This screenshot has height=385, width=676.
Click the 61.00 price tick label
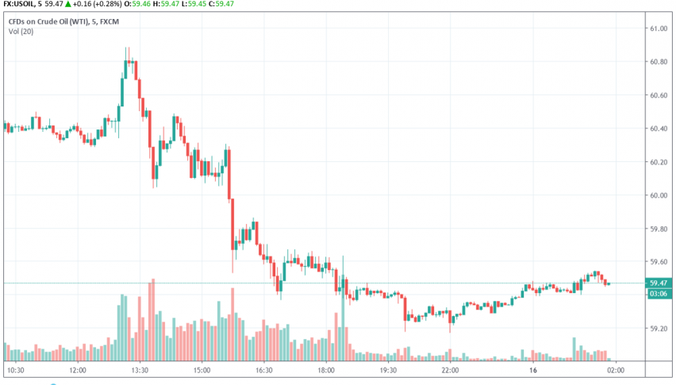tap(657, 29)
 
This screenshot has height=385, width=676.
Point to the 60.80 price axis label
tap(657, 63)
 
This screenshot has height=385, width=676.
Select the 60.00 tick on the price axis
tap(657, 195)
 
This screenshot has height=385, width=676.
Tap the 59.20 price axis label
tap(657, 328)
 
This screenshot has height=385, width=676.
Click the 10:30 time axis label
tap(15, 370)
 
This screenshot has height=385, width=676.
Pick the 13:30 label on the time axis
tap(140, 370)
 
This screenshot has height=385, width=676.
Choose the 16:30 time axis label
tap(264, 370)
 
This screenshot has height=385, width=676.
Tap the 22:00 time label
tap(451, 370)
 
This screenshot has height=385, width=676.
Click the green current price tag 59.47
tap(657, 283)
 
